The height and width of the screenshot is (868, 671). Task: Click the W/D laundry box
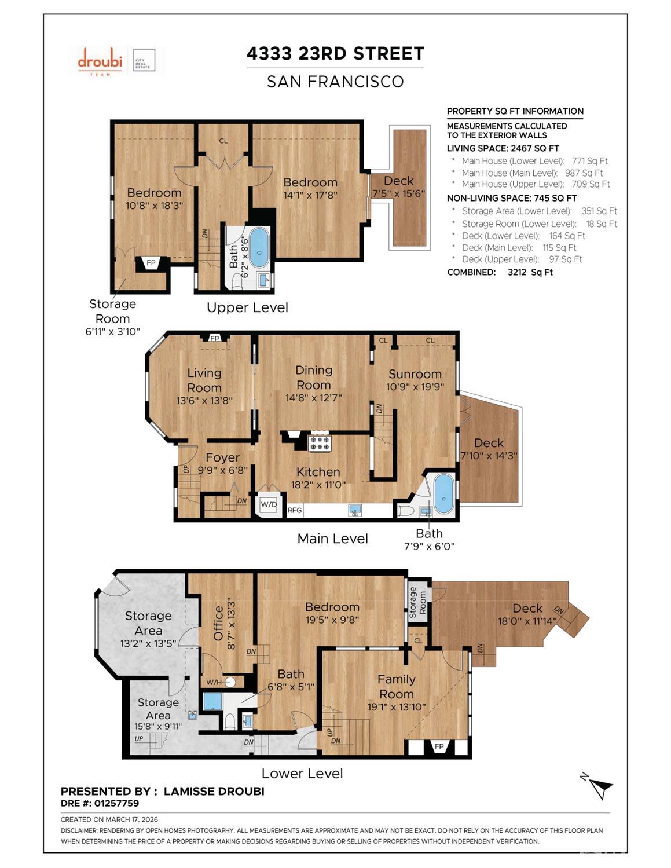pyautogui.click(x=269, y=504)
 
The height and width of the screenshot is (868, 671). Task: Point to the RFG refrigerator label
pyautogui.click(x=295, y=510)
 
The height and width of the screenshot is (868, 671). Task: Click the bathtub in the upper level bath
pyautogui.click(x=259, y=247)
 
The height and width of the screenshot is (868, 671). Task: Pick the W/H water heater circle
pyautogui.click(x=230, y=682)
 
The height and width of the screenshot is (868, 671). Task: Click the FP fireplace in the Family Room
pyautogui.click(x=439, y=746)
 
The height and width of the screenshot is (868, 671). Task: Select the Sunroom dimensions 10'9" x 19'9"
pyautogui.click(x=415, y=387)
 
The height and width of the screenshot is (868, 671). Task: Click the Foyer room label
pyautogui.click(x=222, y=457)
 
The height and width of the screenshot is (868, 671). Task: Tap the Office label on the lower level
pyautogui.click(x=218, y=623)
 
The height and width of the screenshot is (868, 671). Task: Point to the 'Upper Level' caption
pyautogui.click(x=247, y=307)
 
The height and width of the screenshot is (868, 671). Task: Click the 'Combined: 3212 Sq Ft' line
pyautogui.click(x=500, y=272)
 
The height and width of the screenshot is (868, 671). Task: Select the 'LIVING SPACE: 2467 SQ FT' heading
pyautogui.click(x=503, y=148)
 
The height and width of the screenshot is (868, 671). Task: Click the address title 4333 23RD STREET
pyautogui.click(x=335, y=54)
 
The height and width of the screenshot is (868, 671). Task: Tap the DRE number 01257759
pyautogui.click(x=100, y=803)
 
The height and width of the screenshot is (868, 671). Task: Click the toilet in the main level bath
pyautogui.click(x=405, y=510)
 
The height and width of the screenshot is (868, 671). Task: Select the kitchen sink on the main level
pyautogui.click(x=355, y=510)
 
